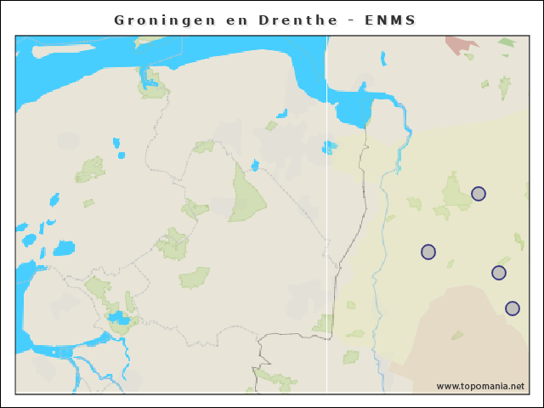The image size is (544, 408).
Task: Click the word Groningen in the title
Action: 161,20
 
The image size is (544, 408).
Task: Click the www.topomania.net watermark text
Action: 480,386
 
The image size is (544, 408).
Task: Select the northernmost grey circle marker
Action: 479,194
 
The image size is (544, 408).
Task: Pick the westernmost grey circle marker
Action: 428,252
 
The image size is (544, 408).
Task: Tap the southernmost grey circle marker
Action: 513,309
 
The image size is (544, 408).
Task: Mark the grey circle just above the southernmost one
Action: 499,273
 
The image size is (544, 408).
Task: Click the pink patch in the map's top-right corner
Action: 461,44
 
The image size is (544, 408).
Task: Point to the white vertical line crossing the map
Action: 327,255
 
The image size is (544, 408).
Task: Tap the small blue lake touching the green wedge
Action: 255,165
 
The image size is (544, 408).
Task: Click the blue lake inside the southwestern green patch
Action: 118,319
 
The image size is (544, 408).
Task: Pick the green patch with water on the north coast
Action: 152,82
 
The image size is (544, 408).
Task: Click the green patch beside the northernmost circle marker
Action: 456,190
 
